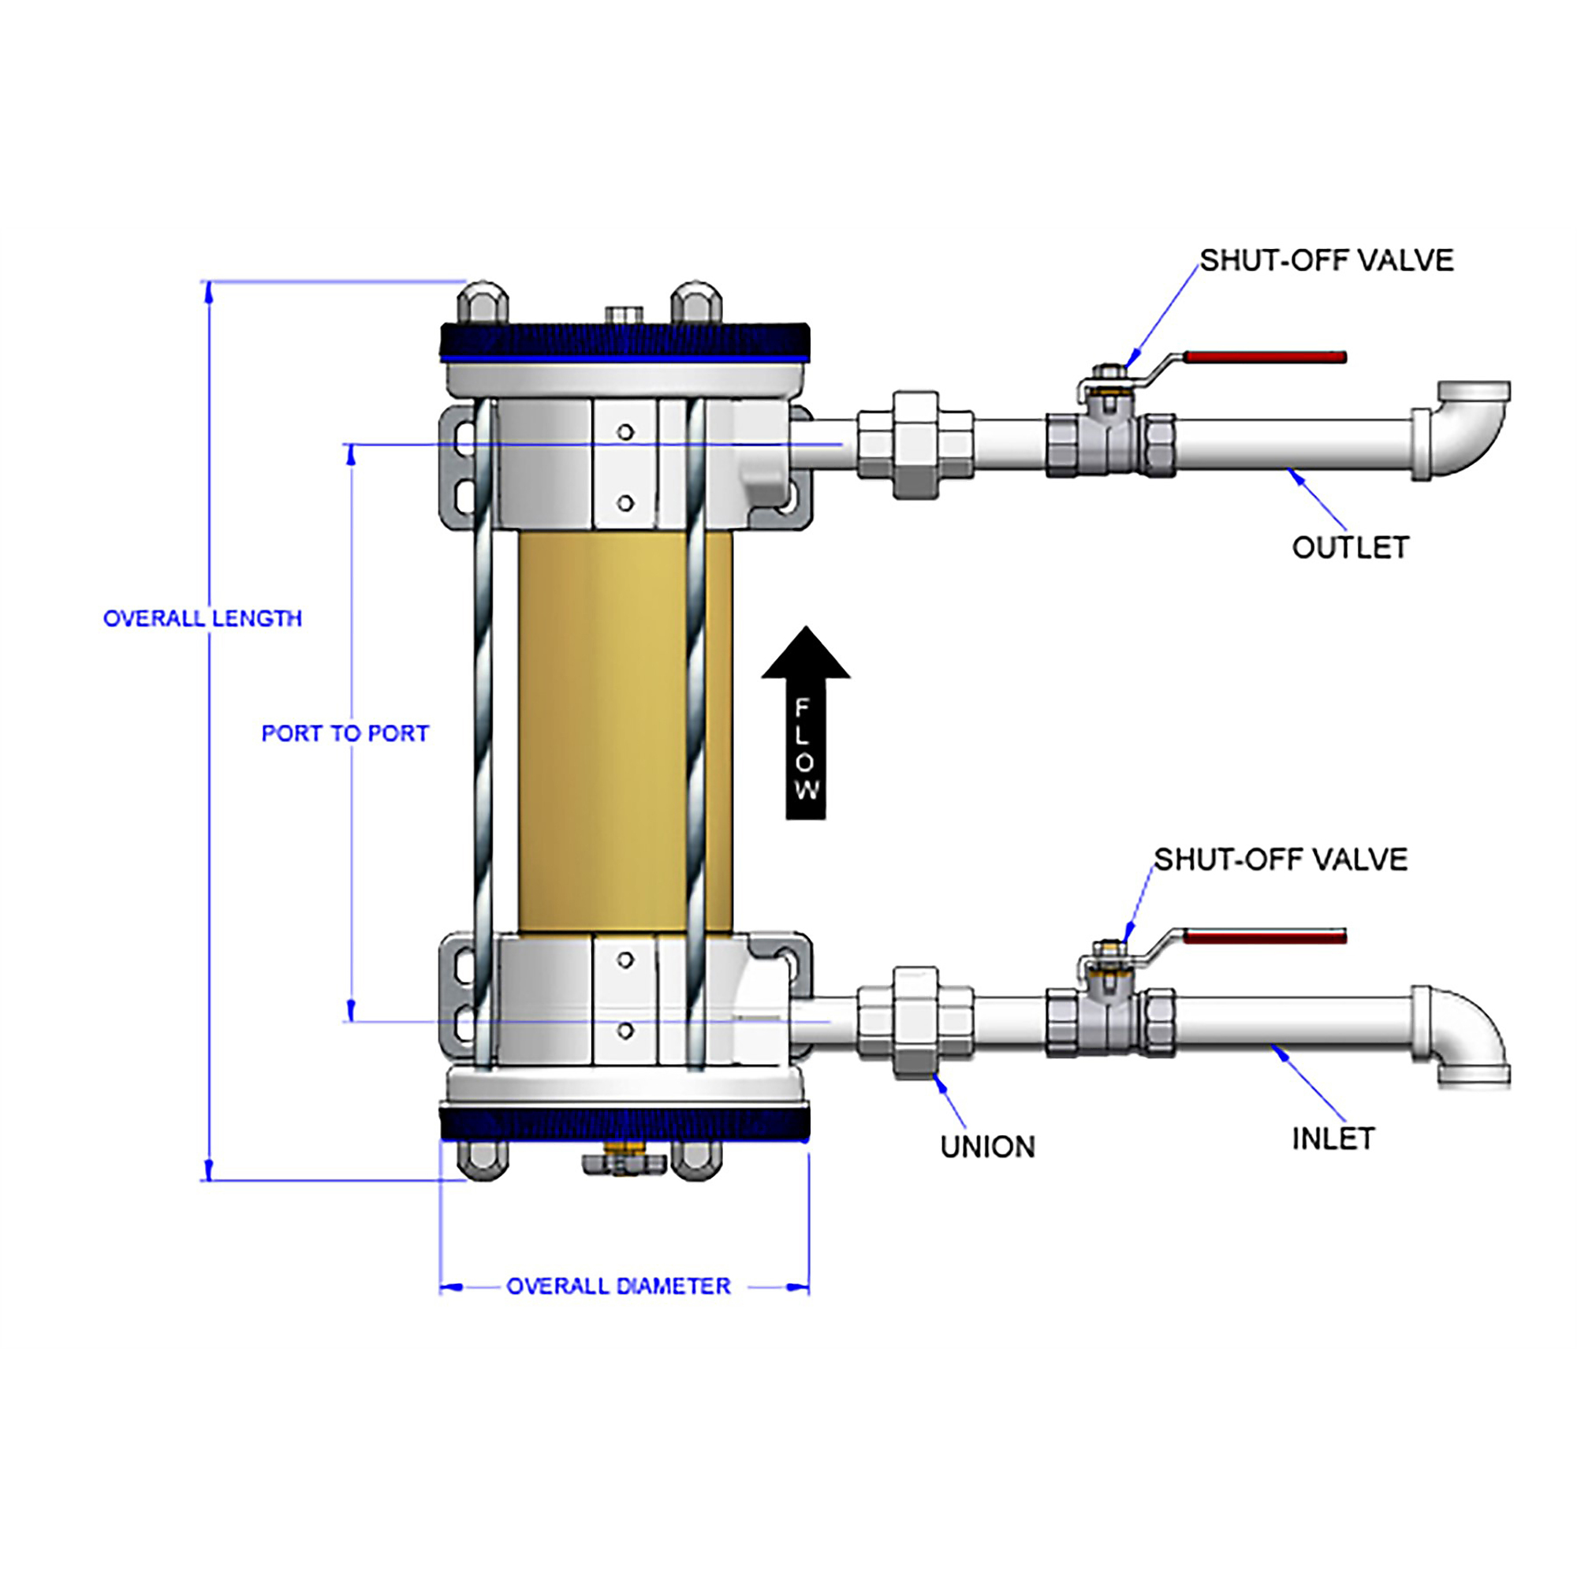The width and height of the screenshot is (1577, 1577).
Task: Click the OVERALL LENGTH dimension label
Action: point(203,618)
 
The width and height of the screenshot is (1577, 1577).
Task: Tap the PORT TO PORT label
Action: point(345,733)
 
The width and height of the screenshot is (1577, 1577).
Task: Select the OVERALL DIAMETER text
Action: point(618,1285)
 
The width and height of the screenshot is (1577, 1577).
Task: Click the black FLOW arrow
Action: point(806,721)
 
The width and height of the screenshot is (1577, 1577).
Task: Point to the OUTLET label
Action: point(1350,548)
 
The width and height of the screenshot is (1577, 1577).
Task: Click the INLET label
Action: point(1333,1139)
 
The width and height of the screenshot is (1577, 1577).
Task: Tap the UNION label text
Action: point(988,1146)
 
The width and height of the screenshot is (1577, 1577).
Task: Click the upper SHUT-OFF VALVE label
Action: point(1326,260)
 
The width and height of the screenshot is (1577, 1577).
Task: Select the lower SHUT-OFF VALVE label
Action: point(1281,859)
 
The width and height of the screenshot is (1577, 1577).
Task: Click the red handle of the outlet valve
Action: point(1265,356)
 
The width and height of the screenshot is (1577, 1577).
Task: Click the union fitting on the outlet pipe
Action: point(915,445)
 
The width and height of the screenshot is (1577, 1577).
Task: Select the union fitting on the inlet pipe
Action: point(915,1022)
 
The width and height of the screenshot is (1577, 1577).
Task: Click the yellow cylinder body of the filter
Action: point(625,732)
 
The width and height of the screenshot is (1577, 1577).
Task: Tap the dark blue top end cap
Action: point(625,342)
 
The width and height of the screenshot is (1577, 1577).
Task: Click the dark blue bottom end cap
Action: point(625,1123)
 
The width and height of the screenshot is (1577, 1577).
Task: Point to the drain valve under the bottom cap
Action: point(624,1162)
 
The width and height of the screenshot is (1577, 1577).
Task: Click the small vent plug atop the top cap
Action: point(624,315)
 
